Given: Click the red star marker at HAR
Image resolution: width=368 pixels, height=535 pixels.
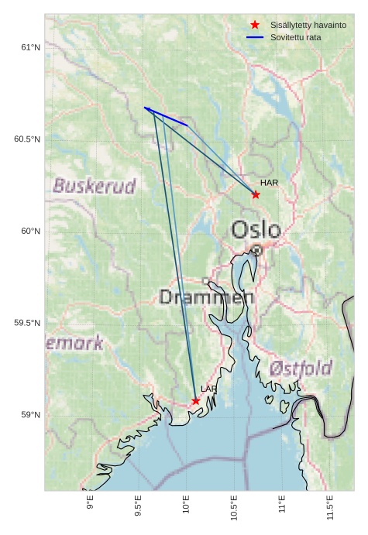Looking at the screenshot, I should click(256, 194).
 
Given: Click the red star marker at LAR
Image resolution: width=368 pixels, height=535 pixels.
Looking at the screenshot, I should click(196, 401).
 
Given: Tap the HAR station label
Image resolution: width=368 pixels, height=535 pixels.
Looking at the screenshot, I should click(269, 183).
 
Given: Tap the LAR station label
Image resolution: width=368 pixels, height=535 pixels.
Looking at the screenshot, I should click(209, 389).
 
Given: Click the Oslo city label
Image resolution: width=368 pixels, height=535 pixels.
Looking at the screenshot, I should click(256, 230).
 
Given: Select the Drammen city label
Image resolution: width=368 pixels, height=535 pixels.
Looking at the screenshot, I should click(206, 297).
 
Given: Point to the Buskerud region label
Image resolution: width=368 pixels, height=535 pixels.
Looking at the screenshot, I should click(95, 186).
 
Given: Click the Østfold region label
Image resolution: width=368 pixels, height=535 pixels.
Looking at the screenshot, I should click(301, 369).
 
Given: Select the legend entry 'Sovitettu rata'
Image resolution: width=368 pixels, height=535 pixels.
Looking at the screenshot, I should click(295, 37).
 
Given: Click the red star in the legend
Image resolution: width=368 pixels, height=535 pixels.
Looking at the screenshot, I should click(255, 26).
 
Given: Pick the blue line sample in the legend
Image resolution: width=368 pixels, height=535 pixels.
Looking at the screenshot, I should click(255, 37).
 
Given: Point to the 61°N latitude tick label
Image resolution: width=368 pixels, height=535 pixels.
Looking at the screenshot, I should click(29, 48).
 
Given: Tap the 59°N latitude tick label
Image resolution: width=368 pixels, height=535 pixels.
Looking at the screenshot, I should click(29, 415).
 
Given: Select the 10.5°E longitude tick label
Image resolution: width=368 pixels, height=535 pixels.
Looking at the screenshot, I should click(234, 507).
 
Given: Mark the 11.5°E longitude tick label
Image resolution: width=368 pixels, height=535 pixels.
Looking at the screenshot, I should click(330, 507).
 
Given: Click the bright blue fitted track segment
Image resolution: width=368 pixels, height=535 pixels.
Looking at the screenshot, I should click(166, 116).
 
